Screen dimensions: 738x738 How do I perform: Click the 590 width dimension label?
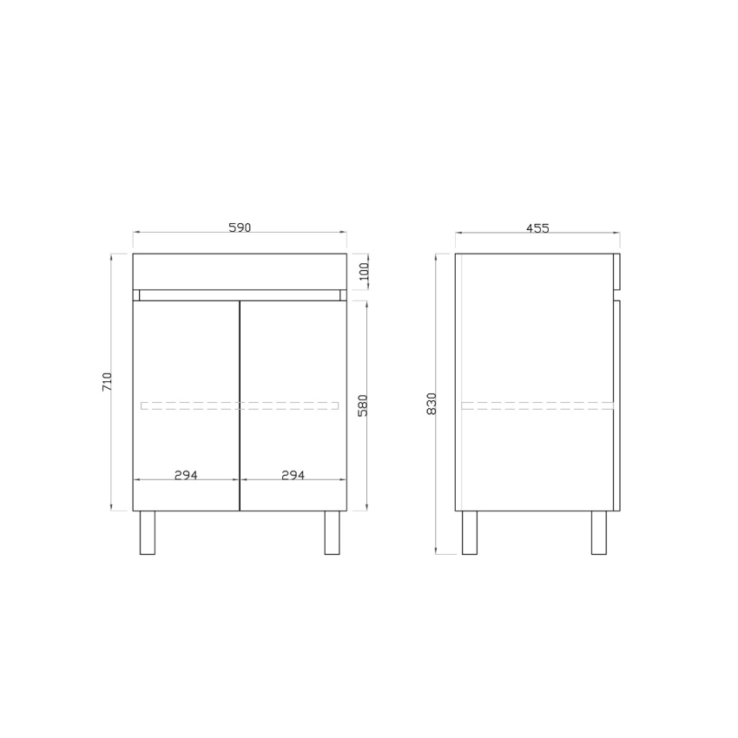pyautogui.click(x=240, y=227)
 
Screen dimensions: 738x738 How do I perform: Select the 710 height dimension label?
pyautogui.click(x=108, y=381)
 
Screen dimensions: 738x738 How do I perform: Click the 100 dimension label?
pyautogui.click(x=365, y=272)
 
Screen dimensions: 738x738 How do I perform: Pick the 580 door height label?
pyautogui.click(x=364, y=405)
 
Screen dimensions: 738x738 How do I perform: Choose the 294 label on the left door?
pyautogui.click(x=186, y=475)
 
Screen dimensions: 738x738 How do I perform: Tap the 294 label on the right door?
pyautogui.click(x=293, y=475)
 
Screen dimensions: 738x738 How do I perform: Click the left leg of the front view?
pyautogui.click(x=147, y=532)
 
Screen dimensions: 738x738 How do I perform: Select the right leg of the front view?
pyautogui.click(x=332, y=532)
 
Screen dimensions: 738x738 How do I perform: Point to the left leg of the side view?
pyautogui.click(x=469, y=532)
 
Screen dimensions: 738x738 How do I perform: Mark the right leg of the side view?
pyautogui.click(x=598, y=532)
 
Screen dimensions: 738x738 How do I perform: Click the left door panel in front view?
pyautogui.click(x=186, y=365)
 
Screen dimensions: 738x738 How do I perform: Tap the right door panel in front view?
pyautogui.click(x=293, y=365)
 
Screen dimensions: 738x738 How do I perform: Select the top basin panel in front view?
pyautogui.click(x=240, y=271)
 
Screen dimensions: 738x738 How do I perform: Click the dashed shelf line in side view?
pyautogui.click(x=537, y=405)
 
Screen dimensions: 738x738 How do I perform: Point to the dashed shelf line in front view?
pyautogui.click(x=240, y=405)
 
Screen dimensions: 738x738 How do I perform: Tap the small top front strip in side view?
pyautogui.click(x=616, y=270)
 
